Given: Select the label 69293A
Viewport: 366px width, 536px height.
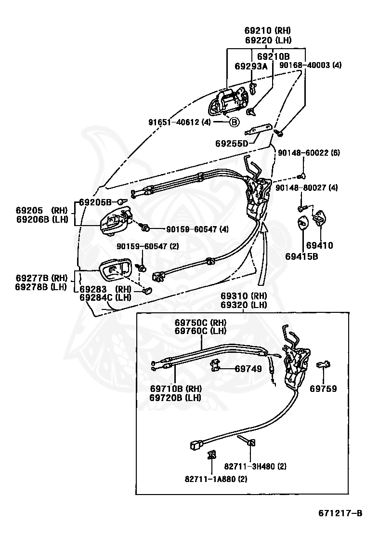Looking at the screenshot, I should coord(250,66).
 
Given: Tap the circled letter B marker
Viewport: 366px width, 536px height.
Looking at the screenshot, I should coord(234,122).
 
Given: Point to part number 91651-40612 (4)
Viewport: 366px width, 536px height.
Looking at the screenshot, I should coord(179,122).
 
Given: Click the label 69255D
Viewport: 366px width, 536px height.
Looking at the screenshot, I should coord(232,143).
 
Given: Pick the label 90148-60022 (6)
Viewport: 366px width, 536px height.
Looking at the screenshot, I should coord(309,153).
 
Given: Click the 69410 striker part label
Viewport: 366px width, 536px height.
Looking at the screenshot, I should coord(319,245).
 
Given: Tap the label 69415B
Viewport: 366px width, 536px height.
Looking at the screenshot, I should coord(305,256).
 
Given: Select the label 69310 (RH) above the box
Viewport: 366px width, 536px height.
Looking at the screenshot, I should coord(244,295).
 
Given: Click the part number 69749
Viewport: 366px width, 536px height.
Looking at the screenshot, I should coord(248,369).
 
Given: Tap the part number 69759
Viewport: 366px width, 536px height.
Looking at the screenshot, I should coord(323,389).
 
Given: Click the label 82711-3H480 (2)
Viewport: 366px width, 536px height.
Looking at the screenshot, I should coord(255,466).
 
